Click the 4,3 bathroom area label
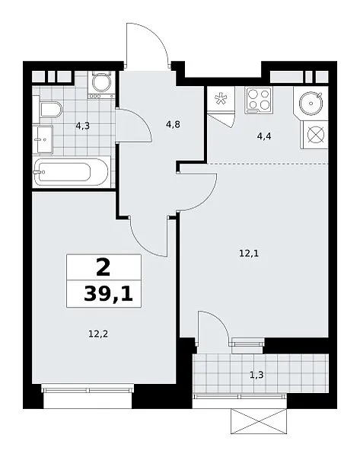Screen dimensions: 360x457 click(82, 126)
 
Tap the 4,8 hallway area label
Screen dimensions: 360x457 click(173, 124)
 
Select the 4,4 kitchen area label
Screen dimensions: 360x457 click(264, 136)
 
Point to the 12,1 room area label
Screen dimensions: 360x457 click(249, 254)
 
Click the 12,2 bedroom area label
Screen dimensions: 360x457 click(98, 334)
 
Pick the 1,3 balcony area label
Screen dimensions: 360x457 click(256, 375)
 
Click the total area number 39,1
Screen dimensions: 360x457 click(108, 294)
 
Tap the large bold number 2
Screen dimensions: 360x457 click(103, 267)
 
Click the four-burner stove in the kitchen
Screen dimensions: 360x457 click(258, 100)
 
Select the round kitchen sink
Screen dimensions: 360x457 click(311, 103)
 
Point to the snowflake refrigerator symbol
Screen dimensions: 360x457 click(220, 98)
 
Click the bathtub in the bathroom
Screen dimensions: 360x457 click(72, 172)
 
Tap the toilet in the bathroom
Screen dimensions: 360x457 click(52, 110)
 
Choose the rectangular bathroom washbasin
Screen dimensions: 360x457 click(43, 139)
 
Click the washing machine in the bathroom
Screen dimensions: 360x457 click(102, 85)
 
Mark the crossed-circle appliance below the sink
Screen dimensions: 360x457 click(316, 136)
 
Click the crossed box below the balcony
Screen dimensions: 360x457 click(259, 421)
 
